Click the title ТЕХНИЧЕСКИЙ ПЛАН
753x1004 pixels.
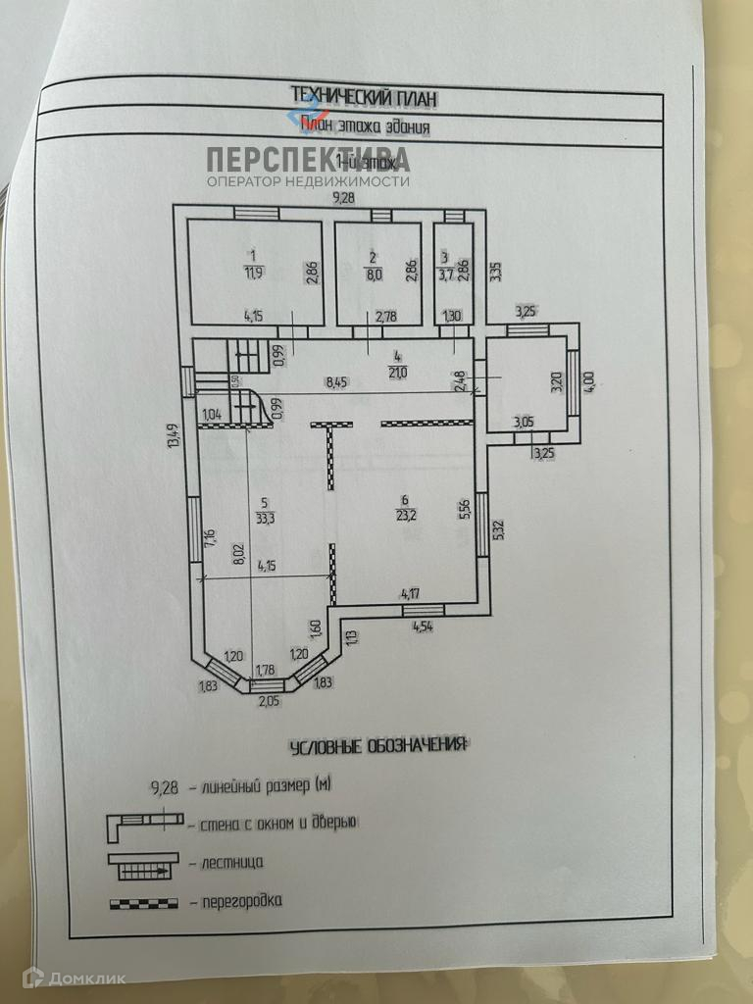[x=364, y=96]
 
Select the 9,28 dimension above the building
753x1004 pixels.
[x=343, y=198]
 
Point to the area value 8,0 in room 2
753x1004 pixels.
[x=373, y=274]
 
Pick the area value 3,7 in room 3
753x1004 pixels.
[x=446, y=275]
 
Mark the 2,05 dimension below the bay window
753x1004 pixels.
[x=267, y=699]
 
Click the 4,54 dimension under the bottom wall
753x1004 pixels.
[x=425, y=627]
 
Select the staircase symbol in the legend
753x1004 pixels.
[x=145, y=863]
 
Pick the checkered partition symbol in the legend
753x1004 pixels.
[x=144, y=900]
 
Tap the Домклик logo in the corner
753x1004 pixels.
[x=61, y=978]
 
